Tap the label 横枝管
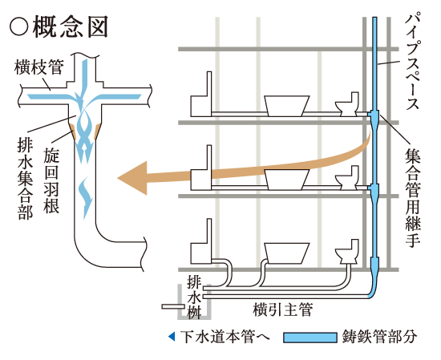(32, 69)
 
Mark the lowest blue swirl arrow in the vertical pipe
(86, 192)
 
